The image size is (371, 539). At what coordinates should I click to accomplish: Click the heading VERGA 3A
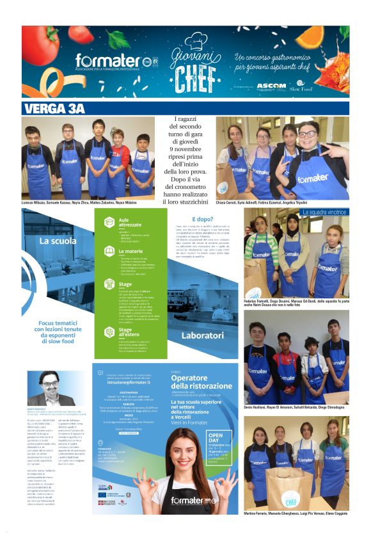(54, 108)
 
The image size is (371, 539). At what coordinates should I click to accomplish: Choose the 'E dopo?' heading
(202, 219)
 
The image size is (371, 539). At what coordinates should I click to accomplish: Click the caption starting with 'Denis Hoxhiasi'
(294, 407)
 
